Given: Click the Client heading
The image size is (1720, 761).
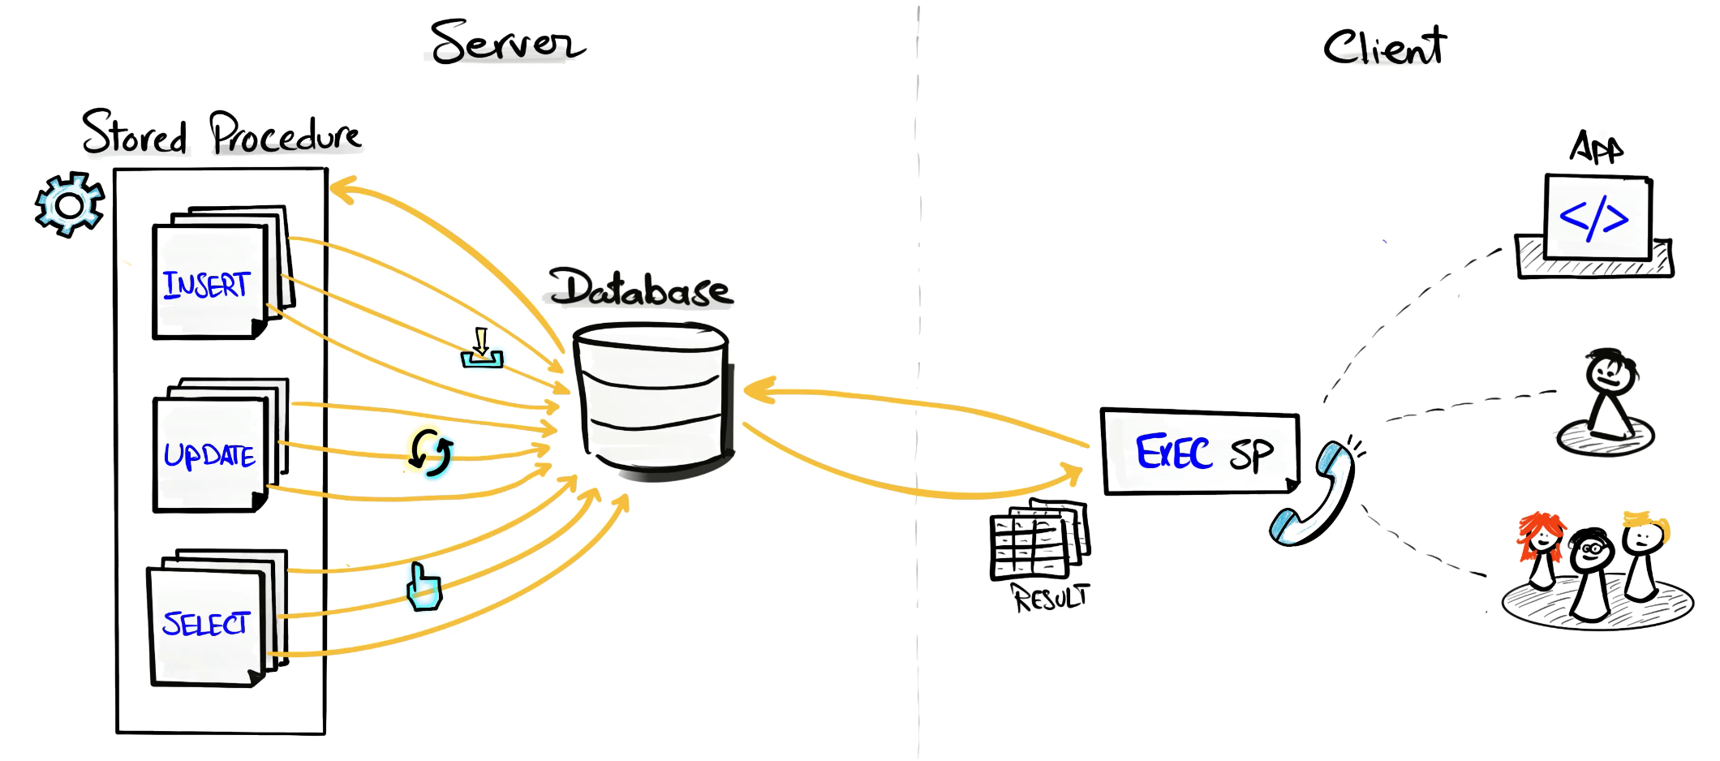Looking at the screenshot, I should pyautogui.click(x=1384, y=47).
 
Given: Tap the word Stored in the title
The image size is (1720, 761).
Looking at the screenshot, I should pyautogui.click(x=135, y=134).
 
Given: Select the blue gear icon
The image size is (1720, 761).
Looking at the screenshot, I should pyautogui.click(x=70, y=204).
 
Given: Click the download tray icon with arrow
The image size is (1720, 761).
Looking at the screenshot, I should pyautogui.click(x=482, y=350).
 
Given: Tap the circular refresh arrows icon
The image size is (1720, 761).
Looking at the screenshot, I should pyautogui.click(x=431, y=452).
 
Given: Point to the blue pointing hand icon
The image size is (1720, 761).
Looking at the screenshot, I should pyautogui.click(x=424, y=587).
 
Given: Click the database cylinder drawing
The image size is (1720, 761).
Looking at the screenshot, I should pyautogui.click(x=652, y=398).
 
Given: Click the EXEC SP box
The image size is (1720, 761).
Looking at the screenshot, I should pyautogui.click(x=1199, y=452).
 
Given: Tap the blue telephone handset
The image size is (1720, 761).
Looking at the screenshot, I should pyautogui.click(x=1313, y=495).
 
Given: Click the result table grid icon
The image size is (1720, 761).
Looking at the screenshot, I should pyautogui.click(x=1038, y=540).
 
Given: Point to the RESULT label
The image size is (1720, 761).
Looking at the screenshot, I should pyautogui.click(x=1051, y=599).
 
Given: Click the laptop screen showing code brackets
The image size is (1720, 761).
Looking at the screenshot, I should pyautogui.click(x=1597, y=217).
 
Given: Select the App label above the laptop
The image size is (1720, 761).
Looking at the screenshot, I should pyautogui.click(x=1596, y=148).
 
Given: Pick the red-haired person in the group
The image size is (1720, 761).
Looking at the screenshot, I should pyautogui.click(x=1540, y=548).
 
